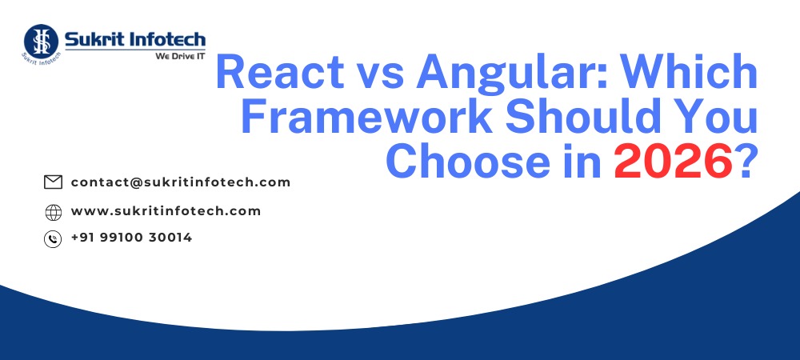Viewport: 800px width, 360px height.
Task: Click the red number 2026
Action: (672, 161)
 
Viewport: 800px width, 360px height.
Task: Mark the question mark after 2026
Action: (745, 161)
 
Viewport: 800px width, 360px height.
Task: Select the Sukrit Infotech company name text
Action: (135, 39)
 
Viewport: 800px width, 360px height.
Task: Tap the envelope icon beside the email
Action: (53, 182)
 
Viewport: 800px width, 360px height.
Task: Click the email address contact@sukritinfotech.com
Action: (180, 182)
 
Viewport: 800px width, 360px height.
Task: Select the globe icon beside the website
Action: (53, 212)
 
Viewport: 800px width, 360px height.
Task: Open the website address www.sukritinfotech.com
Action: (166, 211)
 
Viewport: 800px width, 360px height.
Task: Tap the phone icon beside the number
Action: (53, 238)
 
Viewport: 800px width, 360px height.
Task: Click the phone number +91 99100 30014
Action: (131, 238)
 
